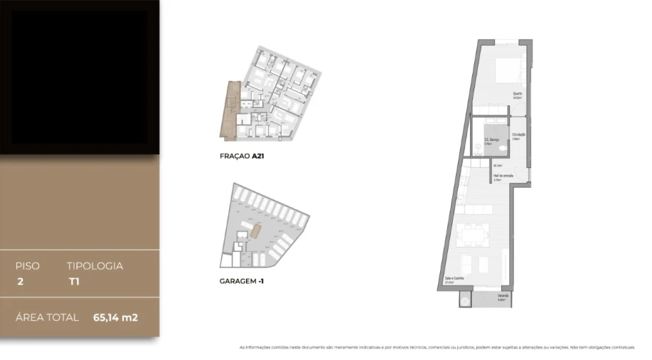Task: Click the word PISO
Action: pyautogui.click(x=28, y=266)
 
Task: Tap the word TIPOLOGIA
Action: pyautogui.click(x=95, y=266)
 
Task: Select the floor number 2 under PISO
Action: pyautogui.click(x=20, y=282)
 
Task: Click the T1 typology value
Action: pyautogui.click(x=73, y=282)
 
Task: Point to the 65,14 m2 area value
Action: pyautogui.click(x=115, y=317)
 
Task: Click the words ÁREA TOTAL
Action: pyautogui.click(x=47, y=317)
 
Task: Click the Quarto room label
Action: pyautogui.click(x=518, y=93)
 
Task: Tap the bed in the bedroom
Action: pyautogui.click(x=511, y=71)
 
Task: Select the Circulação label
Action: pyautogui.click(x=518, y=134)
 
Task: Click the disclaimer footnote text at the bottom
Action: pyautogui.click(x=437, y=347)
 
